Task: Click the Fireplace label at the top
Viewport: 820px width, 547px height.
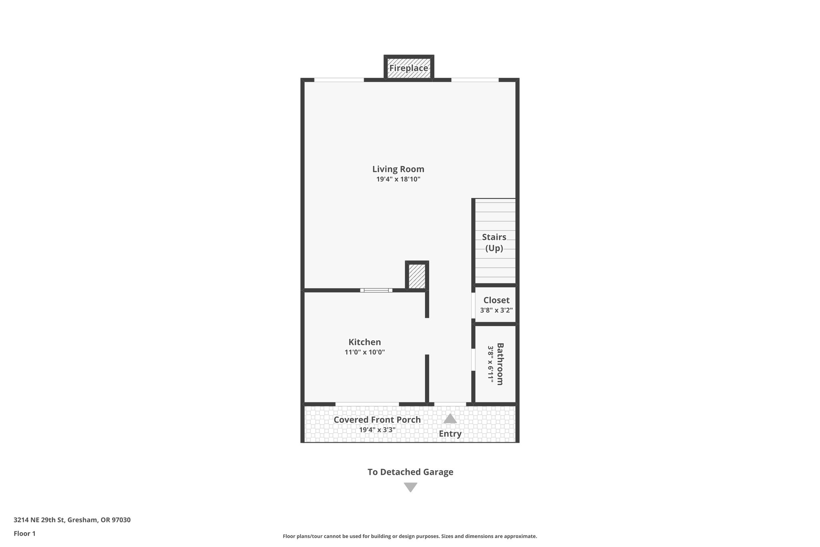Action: [408, 68]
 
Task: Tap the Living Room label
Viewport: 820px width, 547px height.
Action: [398, 169]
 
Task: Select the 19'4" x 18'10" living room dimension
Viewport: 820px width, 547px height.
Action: [398, 179]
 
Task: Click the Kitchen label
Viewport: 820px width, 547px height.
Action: [364, 342]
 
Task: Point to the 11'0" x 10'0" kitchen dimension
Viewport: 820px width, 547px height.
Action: [364, 352]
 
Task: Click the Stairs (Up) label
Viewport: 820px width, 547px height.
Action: [494, 242]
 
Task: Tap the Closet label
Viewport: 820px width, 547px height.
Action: [496, 300]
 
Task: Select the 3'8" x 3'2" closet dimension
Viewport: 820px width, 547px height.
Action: [496, 310]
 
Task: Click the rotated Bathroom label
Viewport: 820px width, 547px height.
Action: [500, 364]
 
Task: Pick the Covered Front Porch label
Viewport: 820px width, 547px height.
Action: [377, 420]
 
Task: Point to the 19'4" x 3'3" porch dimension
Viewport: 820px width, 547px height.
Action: [377, 430]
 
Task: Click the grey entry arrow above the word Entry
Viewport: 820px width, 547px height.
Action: [450, 419]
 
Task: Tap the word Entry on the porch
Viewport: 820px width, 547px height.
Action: [450, 434]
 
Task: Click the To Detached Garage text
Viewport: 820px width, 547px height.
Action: [410, 472]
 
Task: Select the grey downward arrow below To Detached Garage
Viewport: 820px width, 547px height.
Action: [410, 487]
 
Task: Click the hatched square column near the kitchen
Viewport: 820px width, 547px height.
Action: [417, 276]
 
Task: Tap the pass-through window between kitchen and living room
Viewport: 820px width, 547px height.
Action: [376, 290]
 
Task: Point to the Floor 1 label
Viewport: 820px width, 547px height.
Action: [24, 533]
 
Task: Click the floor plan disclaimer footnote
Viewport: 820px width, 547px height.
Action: [410, 536]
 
